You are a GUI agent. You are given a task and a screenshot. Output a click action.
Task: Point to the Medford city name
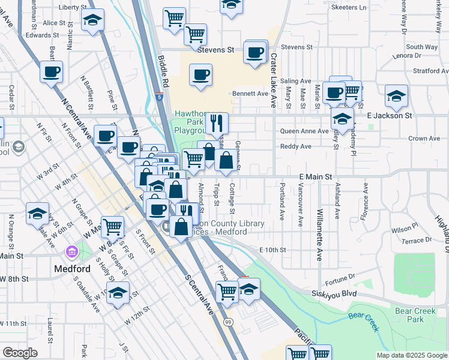[71, 268]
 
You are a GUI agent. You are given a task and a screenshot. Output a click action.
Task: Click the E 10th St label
[273, 250]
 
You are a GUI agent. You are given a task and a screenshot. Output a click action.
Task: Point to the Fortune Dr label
[340, 277]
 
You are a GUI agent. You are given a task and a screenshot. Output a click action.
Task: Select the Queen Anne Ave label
[304, 131]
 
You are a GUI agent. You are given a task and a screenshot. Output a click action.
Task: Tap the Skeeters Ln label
[349, 8]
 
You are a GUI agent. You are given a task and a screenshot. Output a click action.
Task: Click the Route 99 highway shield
[228, 322]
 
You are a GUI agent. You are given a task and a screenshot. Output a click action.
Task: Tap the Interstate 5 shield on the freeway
[158, 96]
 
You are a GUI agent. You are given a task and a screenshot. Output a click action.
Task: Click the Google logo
[20, 352]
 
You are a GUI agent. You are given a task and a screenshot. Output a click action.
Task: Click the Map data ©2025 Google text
[411, 355]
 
